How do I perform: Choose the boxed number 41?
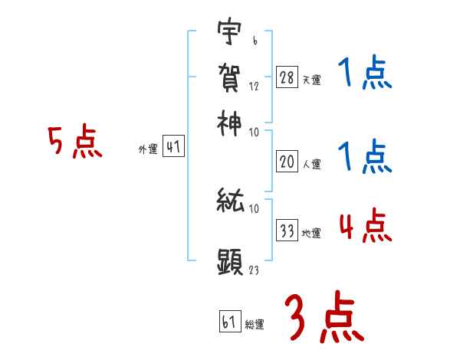174,148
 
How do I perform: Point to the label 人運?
311,164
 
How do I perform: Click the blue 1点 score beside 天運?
364,74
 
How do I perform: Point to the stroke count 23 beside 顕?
255,270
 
